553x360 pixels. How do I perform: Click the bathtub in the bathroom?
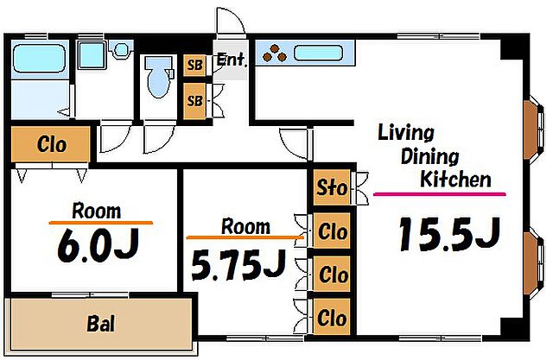click(39, 59)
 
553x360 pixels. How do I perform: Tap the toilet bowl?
click(159, 78)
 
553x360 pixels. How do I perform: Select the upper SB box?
click(194, 65)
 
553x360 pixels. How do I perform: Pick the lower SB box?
click(194, 101)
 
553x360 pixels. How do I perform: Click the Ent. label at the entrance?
click(231, 60)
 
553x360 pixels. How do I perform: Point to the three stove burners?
click(275, 53)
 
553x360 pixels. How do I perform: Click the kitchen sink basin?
click(319, 53)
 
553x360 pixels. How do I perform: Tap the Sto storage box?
click(332, 187)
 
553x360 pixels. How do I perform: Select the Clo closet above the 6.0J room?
click(50, 144)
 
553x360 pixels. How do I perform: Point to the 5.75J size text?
click(238, 264)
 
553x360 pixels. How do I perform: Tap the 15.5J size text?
click(449, 234)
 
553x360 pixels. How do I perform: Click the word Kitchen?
click(455, 179)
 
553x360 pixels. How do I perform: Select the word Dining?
click(429, 157)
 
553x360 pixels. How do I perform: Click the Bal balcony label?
click(101, 324)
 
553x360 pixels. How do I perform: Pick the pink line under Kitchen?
click(440, 193)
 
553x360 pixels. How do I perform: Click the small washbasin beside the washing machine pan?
click(121, 50)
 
